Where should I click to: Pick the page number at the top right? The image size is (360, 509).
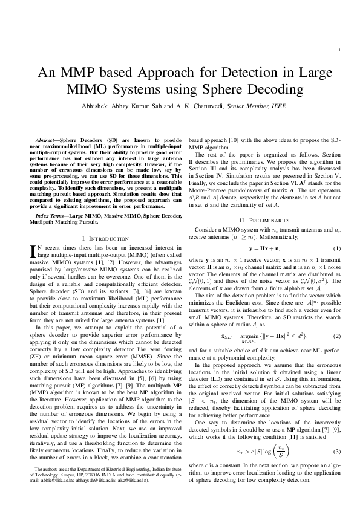pyautogui.click(x=343, y=50)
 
